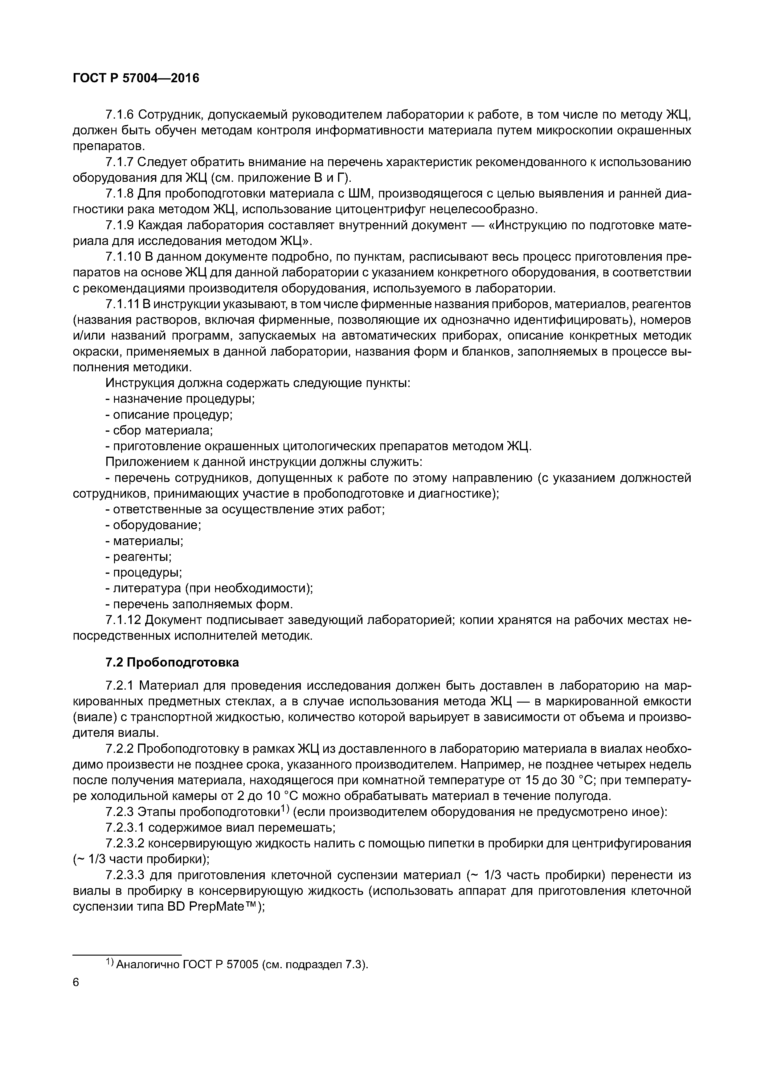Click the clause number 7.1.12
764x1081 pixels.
pyautogui.click(x=123, y=621)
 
